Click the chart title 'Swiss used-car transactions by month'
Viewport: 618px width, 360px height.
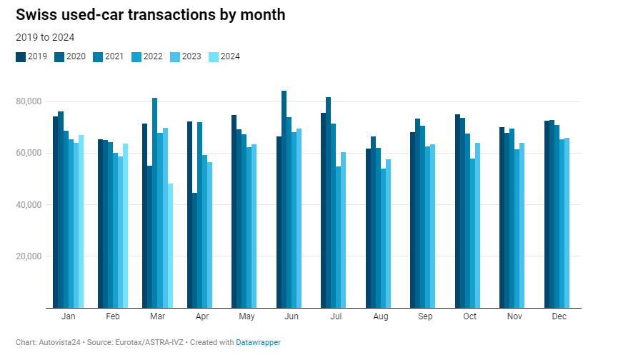[x=150, y=15]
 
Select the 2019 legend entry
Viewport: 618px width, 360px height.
[x=32, y=56]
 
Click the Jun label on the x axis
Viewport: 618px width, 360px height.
[x=291, y=316]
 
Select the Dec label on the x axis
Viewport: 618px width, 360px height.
[x=559, y=316]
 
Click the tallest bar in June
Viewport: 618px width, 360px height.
[x=284, y=199]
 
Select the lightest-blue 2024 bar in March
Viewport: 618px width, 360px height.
[x=170, y=246]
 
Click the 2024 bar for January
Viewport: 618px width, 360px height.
[x=81, y=221]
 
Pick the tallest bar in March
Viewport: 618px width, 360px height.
[x=155, y=203]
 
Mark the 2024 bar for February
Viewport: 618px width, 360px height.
[x=125, y=226]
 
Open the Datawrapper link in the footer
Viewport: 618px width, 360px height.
[x=259, y=343]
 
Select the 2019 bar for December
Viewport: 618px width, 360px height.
[x=547, y=214]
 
